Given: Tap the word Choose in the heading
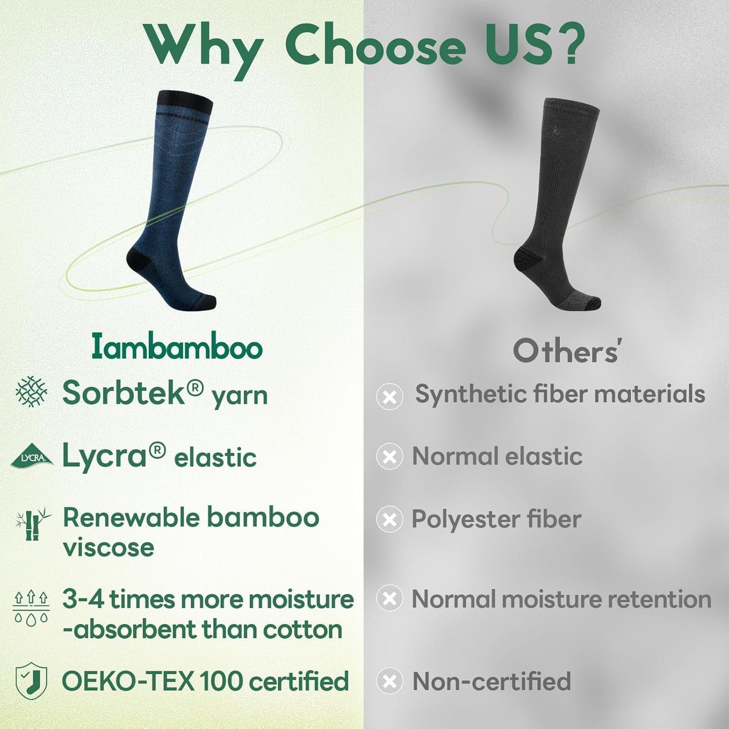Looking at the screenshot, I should click(375, 46).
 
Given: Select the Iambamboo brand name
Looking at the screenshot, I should click(177, 348).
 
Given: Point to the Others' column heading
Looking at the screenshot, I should click(566, 351).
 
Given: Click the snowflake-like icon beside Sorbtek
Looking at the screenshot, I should click(31, 391).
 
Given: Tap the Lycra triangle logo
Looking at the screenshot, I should click(32, 456).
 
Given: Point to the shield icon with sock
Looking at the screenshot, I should click(31, 681).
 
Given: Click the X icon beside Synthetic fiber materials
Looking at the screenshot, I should click(389, 396).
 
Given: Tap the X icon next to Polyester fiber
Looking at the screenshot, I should click(389, 520).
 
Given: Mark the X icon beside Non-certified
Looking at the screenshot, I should click(389, 682).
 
